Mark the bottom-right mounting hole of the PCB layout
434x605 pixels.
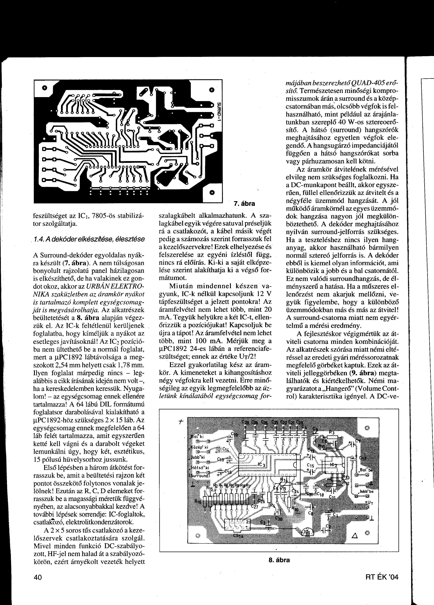212,193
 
